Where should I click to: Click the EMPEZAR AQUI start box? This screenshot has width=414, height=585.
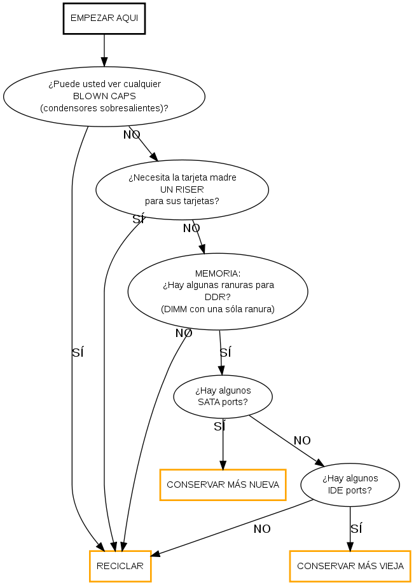[104, 18]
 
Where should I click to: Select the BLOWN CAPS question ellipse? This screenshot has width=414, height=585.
[104, 96]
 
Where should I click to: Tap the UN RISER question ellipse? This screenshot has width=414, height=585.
[182, 189]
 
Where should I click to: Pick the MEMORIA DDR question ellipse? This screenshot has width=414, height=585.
[217, 291]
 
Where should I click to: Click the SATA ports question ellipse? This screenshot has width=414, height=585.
[223, 397]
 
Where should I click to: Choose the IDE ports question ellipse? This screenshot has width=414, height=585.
[350, 485]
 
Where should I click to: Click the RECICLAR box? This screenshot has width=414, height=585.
[120, 565]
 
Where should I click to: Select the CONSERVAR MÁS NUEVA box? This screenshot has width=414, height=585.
[223, 485]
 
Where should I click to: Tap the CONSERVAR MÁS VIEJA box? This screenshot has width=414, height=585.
[350, 565]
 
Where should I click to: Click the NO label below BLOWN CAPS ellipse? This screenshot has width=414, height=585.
[132, 135]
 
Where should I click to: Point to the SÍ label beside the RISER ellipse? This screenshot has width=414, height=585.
[138, 219]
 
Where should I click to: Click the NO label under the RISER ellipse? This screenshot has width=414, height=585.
[191, 228]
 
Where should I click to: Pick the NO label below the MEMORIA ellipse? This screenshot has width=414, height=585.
[184, 333]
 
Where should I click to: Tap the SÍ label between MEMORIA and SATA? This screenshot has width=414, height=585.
[225, 352]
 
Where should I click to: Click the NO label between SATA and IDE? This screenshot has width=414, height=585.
[302, 441]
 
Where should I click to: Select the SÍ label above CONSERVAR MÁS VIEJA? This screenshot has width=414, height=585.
[356, 528]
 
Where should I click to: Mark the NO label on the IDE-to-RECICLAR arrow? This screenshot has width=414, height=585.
[262, 528]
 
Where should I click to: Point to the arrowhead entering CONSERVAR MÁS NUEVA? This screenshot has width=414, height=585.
[223, 464]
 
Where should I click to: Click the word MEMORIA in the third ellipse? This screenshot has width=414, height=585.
[217, 273]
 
